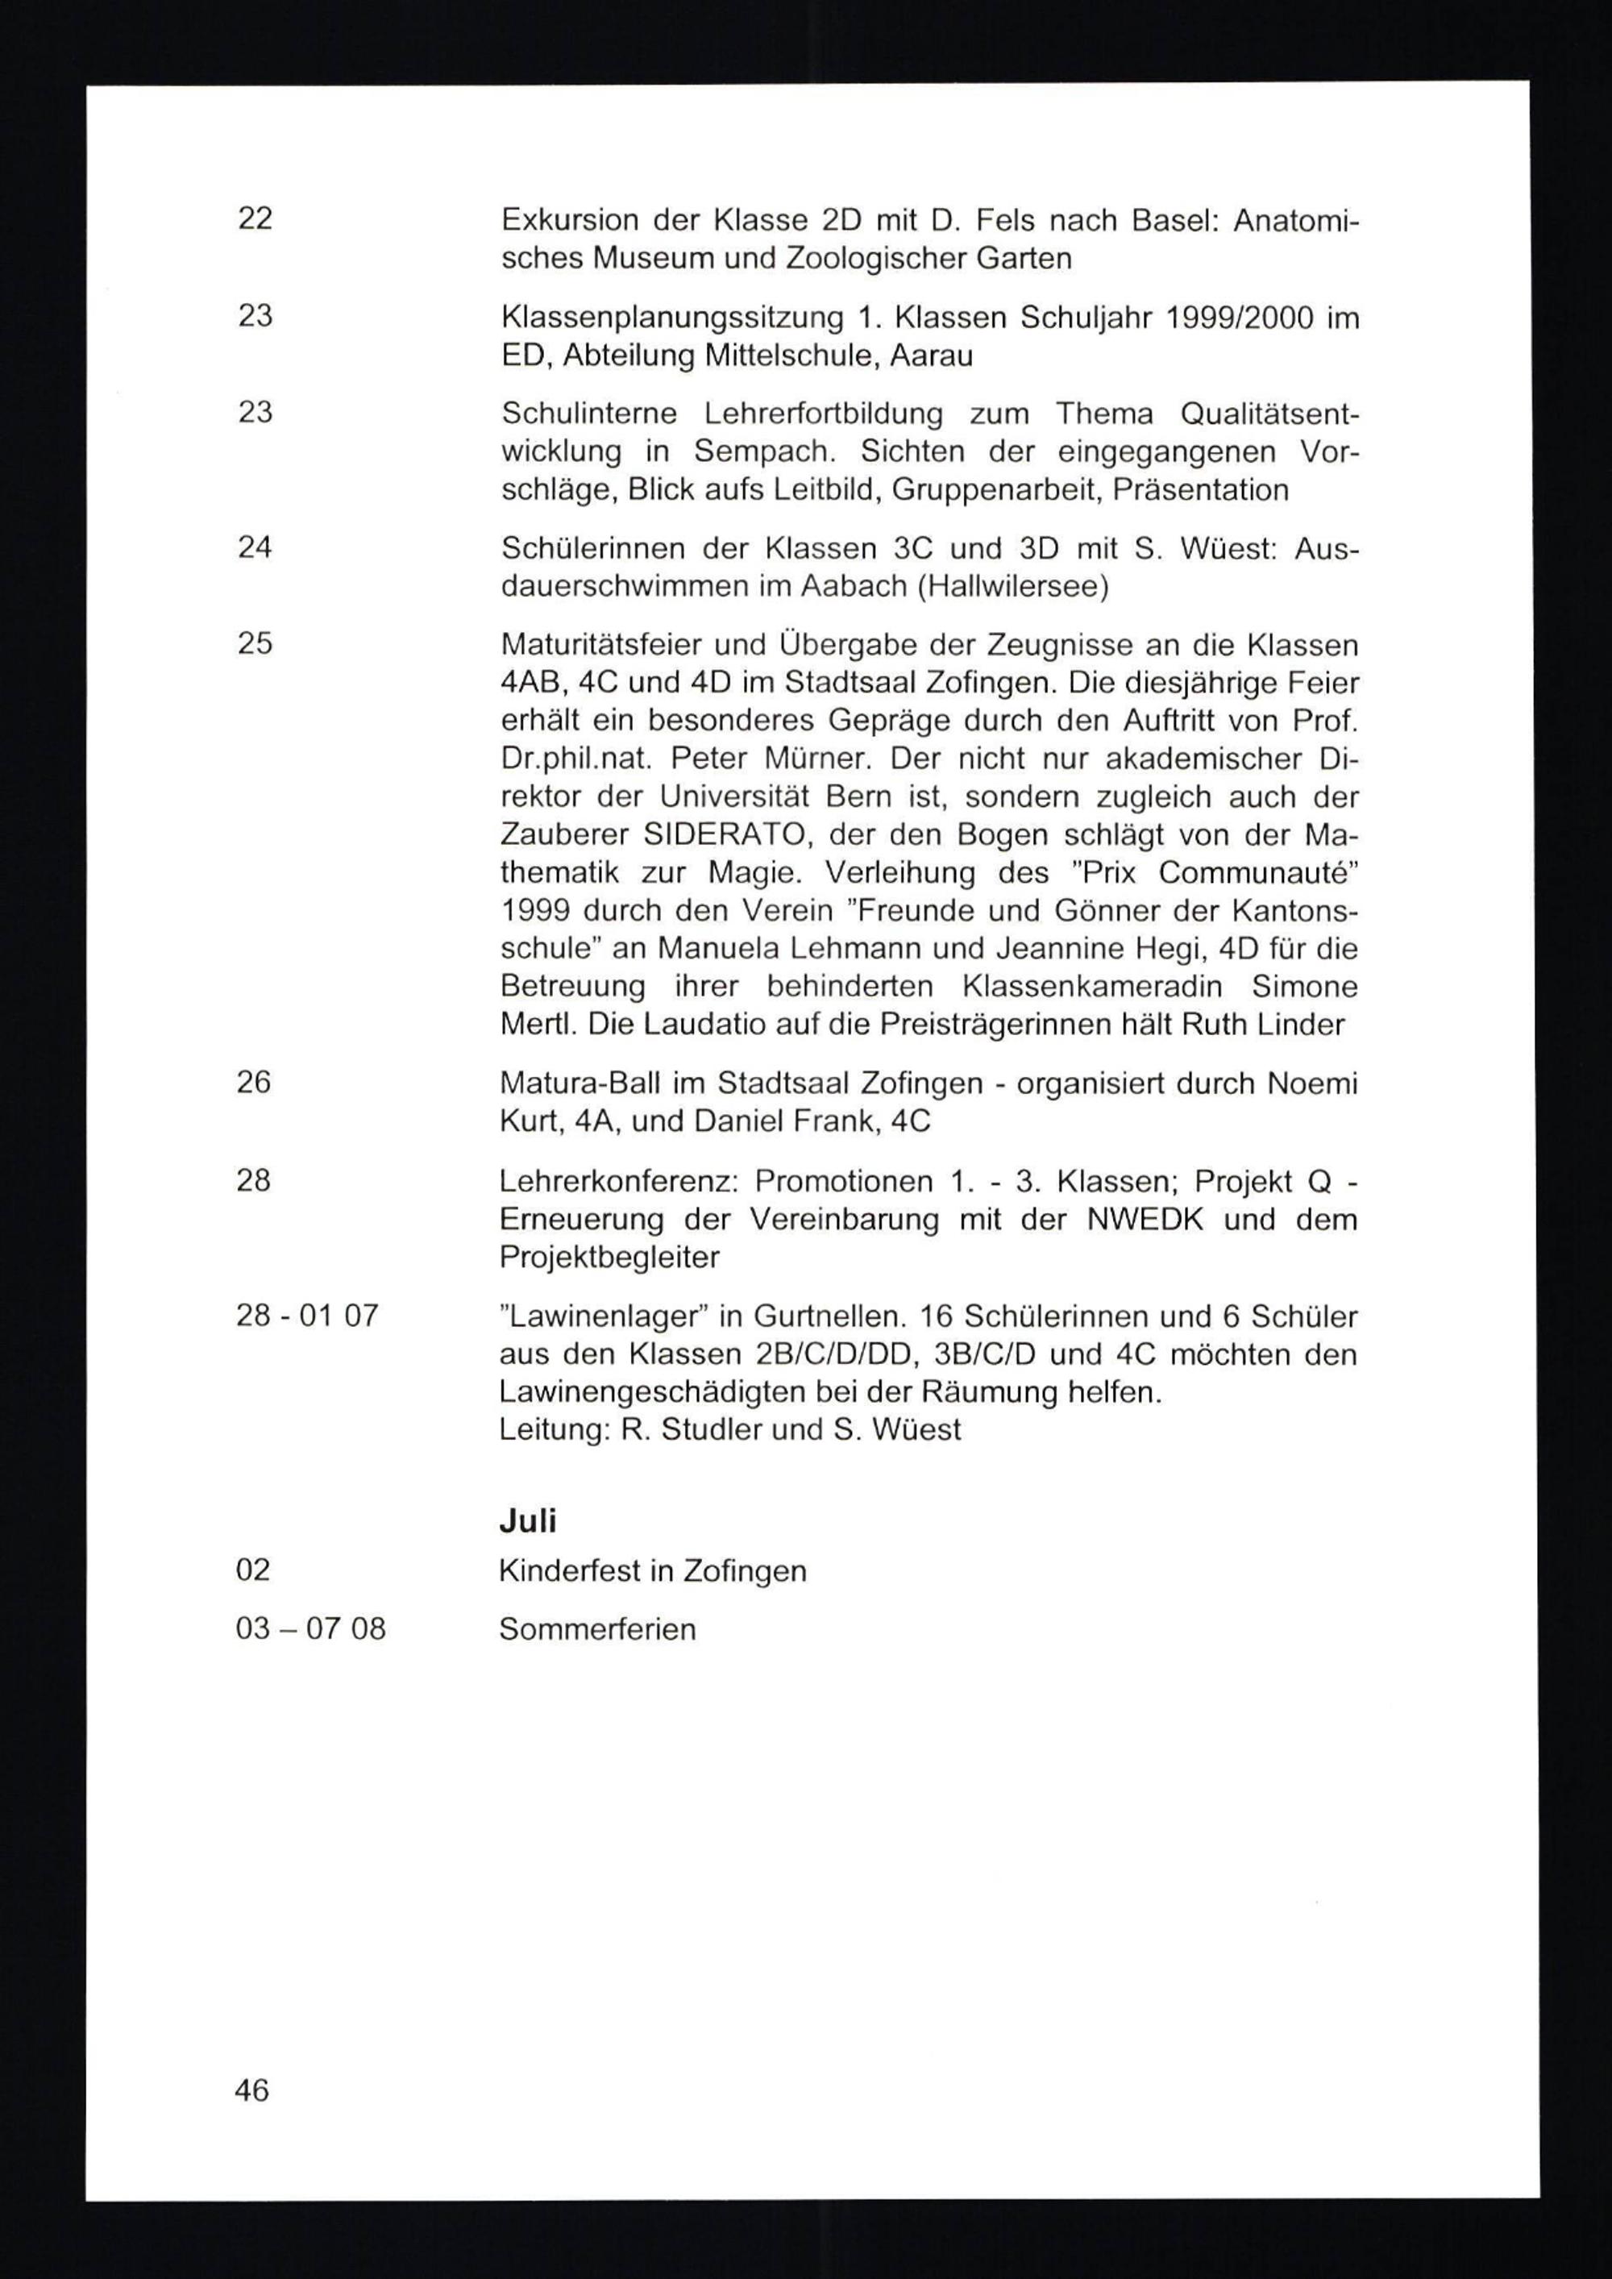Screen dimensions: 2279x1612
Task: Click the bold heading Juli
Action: point(527,1520)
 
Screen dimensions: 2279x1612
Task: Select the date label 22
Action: point(256,218)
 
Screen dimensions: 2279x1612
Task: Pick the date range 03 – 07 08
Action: point(310,1629)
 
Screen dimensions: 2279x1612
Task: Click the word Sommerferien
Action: point(597,1629)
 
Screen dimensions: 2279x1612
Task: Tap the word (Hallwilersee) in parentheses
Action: point(1012,587)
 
